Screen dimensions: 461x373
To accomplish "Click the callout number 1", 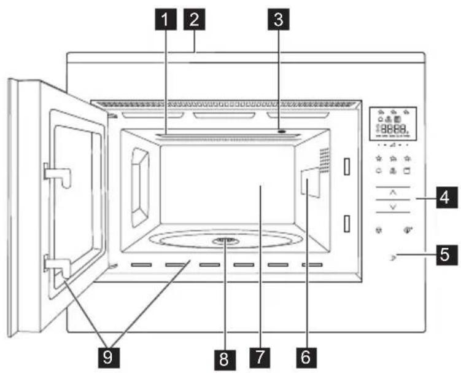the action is [163, 20].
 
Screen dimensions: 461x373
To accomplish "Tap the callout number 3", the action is [279, 20].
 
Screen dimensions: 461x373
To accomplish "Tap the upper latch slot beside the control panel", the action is [346, 166].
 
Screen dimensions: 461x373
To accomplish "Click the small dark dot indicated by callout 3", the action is [281, 132].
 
